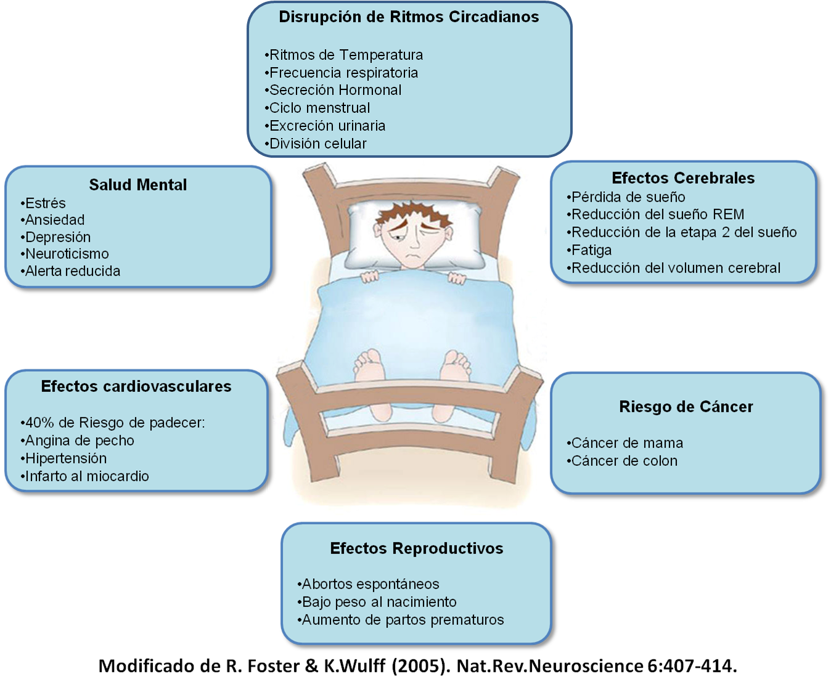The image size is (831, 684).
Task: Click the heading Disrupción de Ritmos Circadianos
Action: click(409, 17)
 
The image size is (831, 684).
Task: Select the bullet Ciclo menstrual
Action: click(319, 108)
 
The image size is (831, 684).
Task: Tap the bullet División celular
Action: click(317, 144)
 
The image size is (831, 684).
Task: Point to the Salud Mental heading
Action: click(137, 185)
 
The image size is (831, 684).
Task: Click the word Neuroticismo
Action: click(67, 254)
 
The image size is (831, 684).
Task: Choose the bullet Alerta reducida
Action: click(72, 271)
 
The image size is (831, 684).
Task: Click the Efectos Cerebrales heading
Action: click(683, 178)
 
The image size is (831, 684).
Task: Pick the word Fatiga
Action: click(591, 250)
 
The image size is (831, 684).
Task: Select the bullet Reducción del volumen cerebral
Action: click(676, 268)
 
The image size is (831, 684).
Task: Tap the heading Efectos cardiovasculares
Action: click(136, 386)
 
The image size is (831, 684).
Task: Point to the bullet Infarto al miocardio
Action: click(86, 476)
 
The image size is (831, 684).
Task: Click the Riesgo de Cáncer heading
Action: click(686, 407)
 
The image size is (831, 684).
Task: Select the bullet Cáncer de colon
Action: click(624, 461)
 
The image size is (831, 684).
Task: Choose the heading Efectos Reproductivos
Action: click(417, 548)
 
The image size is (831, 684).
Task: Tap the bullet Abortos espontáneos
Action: click(370, 584)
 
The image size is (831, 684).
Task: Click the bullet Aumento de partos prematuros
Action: click(402, 620)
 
